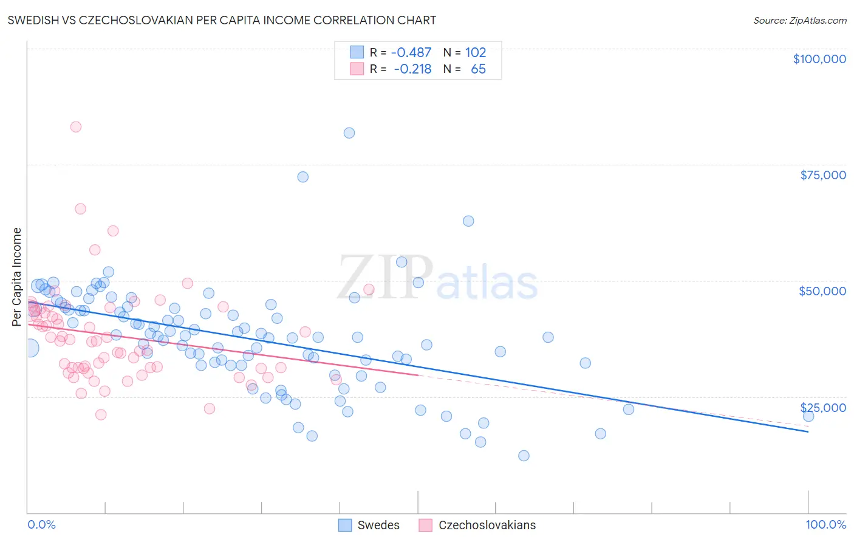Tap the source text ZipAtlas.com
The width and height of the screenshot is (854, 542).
point(799,20)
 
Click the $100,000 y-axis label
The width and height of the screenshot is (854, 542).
point(819,59)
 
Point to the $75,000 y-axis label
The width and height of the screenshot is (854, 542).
point(823,175)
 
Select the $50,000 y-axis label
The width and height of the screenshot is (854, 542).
point(822,291)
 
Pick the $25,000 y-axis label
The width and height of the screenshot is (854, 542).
point(823,407)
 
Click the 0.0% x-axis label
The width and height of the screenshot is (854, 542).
point(41,524)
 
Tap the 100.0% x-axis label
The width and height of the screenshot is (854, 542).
point(825,524)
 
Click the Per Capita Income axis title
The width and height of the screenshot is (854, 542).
point(17,276)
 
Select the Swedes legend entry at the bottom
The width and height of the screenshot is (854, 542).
point(369,525)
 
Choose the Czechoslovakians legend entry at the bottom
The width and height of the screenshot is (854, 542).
point(477,525)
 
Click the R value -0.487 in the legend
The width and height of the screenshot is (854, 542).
point(411,52)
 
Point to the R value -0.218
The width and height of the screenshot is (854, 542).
point(412,69)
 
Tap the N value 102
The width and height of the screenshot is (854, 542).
point(476,52)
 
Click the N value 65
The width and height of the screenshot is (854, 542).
point(478,69)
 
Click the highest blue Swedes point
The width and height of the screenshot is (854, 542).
point(349,133)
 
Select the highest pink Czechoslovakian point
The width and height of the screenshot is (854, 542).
point(76,127)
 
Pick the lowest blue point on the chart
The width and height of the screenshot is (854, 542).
point(524,456)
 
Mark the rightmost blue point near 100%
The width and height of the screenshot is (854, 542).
point(808,416)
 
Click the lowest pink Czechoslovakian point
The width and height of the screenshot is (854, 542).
point(101,415)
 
